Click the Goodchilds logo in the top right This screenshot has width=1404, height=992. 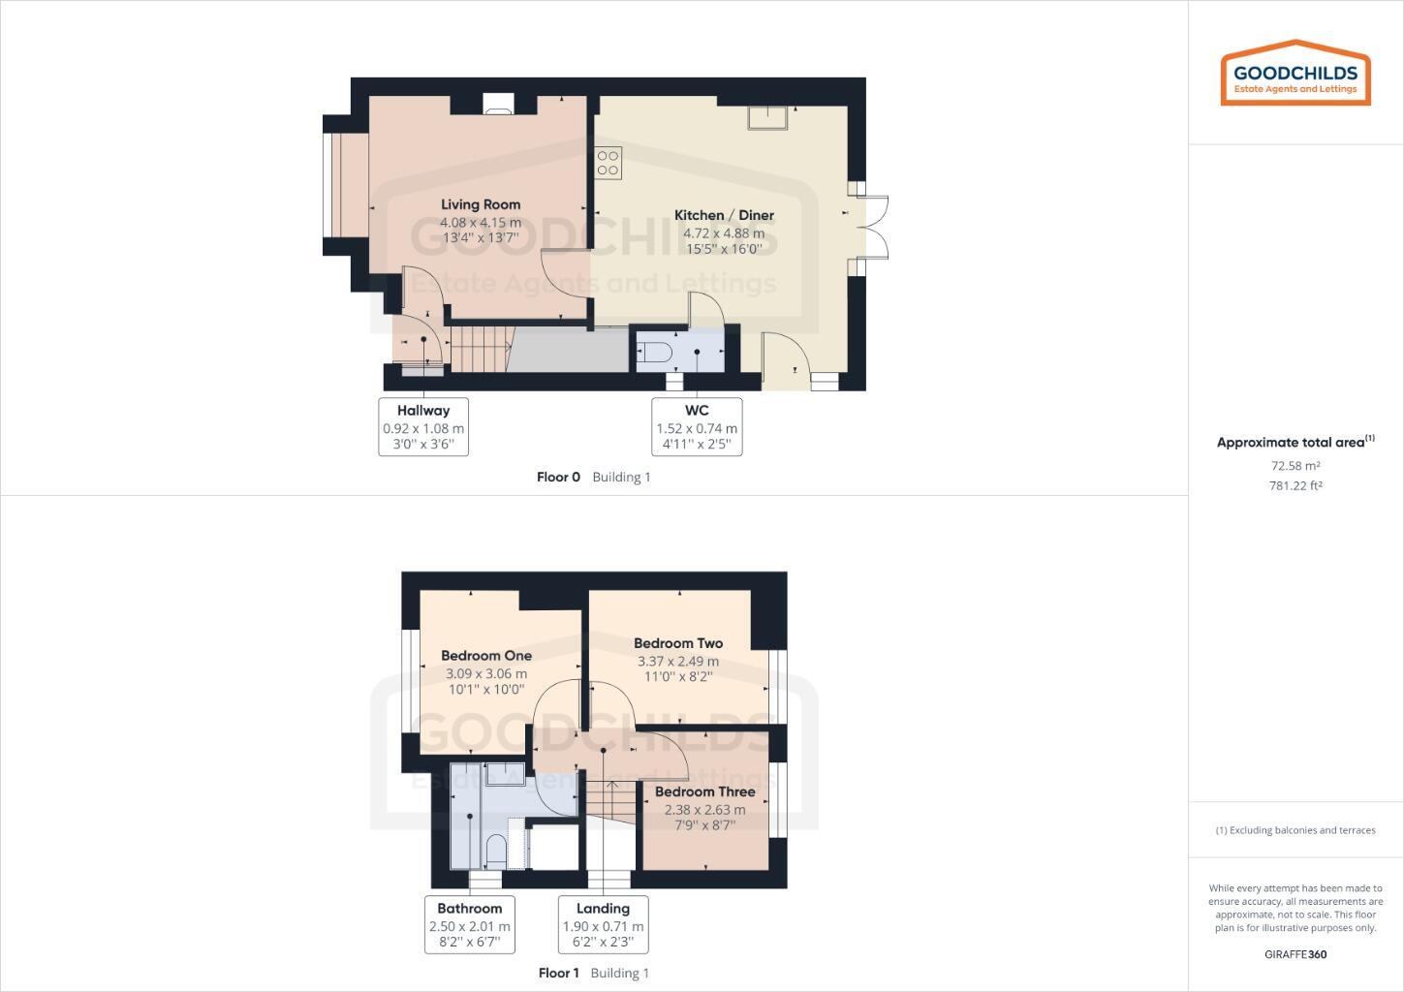(1295, 74)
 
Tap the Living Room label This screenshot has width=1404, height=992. (481, 204)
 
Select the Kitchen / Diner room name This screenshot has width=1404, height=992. (724, 215)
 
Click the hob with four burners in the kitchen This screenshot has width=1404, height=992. (608, 163)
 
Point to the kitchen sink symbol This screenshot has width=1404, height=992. (769, 117)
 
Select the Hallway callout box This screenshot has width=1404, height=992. (423, 426)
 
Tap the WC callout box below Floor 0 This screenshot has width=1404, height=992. (697, 426)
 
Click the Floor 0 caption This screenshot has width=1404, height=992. (558, 477)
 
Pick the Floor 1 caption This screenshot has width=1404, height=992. (558, 973)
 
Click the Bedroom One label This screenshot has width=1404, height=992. (486, 656)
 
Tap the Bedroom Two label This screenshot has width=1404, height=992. (678, 643)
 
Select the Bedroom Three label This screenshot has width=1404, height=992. (704, 791)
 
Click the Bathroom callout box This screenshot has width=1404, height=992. (470, 924)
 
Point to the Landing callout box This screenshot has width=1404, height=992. (603, 924)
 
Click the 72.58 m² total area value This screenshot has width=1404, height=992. (1295, 466)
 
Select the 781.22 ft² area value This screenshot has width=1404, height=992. (1295, 486)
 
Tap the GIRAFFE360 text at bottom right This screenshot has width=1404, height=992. (1295, 954)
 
